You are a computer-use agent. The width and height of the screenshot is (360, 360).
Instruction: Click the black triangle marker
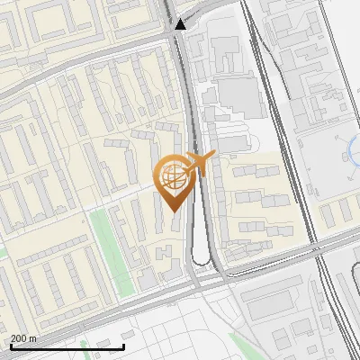coord(181,25)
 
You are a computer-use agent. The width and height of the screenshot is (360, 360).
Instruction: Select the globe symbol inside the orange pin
coord(172,177)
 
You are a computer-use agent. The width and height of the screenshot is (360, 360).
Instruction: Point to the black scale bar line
coord(67,346)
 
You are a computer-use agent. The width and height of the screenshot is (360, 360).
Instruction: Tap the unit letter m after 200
coord(33,338)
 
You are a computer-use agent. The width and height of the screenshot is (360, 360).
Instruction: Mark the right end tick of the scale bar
coord(123,345)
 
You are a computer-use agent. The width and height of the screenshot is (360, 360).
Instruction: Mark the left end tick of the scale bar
coord(11,345)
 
